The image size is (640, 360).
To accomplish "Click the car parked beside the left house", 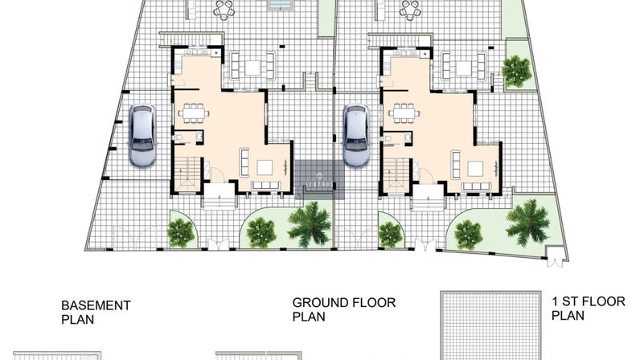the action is [142, 136].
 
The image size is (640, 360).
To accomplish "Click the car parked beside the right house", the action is [356, 136].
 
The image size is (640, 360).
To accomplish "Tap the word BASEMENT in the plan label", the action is [96, 305].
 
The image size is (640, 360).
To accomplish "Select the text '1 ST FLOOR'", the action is [589, 301].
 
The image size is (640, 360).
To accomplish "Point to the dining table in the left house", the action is [194, 113].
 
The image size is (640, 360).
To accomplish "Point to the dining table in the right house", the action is [404, 113].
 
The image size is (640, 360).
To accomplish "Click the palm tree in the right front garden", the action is [527, 223].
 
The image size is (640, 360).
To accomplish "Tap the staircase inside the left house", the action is [188, 174].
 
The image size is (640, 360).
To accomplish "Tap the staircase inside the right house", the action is [397, 174].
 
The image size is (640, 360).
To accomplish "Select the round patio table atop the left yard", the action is [224, 10].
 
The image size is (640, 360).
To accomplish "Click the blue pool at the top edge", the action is [281, 5].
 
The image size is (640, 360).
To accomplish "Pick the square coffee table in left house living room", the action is [265, 168].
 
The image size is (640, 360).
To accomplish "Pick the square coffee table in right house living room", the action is [475, 169].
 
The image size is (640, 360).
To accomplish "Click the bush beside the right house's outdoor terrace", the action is [516, 72].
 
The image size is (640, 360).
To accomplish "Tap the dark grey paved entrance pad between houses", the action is [319, 179].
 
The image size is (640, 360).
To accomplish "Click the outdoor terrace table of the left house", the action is [252, 67].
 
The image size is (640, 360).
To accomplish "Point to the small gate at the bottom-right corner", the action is [556, 256].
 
